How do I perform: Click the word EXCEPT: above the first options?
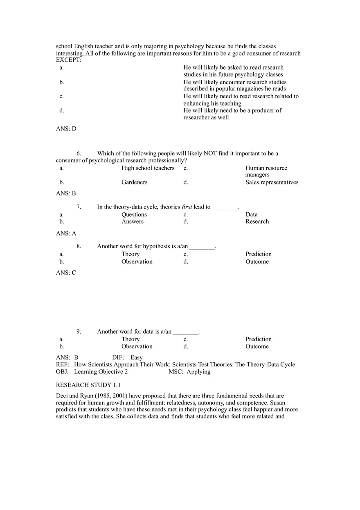click(68, 60)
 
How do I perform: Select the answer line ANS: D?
click(66, 128)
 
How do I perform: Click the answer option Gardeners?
click(134, 182)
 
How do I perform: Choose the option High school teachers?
click(148, 168)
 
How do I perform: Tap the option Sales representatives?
click(272, 182)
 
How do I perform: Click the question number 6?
click(79, 153)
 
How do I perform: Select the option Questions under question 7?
click(134, 214)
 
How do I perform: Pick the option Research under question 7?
click(257, 221)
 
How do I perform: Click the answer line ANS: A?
click(66, 233)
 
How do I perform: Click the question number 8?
click(79, 246)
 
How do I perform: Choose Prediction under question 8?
click(258, 254)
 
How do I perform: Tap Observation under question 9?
click(137, 346)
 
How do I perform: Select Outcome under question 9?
click(257, 346)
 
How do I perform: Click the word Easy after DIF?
click(136, 357)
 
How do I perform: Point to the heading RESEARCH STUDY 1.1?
click(88, 385)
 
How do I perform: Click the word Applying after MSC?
click(198, 371)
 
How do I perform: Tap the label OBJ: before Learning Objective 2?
click(62, 371)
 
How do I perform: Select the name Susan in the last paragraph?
click(277, 402)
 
